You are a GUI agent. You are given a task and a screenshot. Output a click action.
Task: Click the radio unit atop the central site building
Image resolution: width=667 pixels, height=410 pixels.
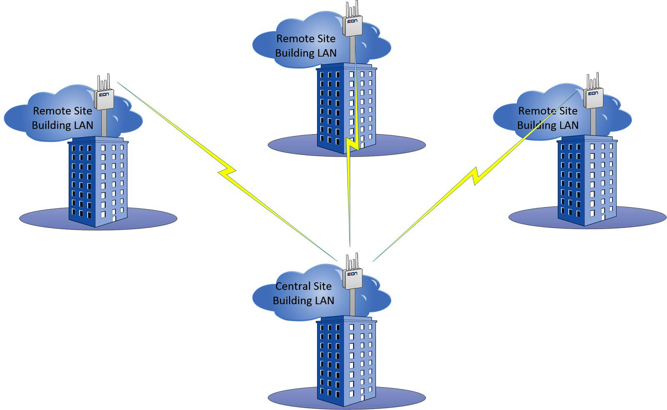tap(353, 279)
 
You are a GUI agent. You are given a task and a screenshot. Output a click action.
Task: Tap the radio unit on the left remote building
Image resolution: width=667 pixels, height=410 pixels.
tap(104, 99)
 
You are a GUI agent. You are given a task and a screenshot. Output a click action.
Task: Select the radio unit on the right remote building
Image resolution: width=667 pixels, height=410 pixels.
tap(593, 98)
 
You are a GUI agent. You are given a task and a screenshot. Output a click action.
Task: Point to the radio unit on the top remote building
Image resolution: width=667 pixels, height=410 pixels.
tap(353, 26)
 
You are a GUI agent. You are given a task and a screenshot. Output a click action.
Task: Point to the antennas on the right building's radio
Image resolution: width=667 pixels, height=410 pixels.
tap(593, 80)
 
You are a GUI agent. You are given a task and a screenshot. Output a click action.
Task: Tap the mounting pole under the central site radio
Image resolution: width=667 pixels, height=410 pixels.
tap(353, 302)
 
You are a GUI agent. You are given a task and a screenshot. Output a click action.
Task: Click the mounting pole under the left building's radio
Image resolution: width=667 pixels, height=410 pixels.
tap(104, 123)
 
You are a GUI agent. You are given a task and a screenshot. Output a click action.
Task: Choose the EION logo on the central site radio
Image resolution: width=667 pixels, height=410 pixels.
tap(353, 274)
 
